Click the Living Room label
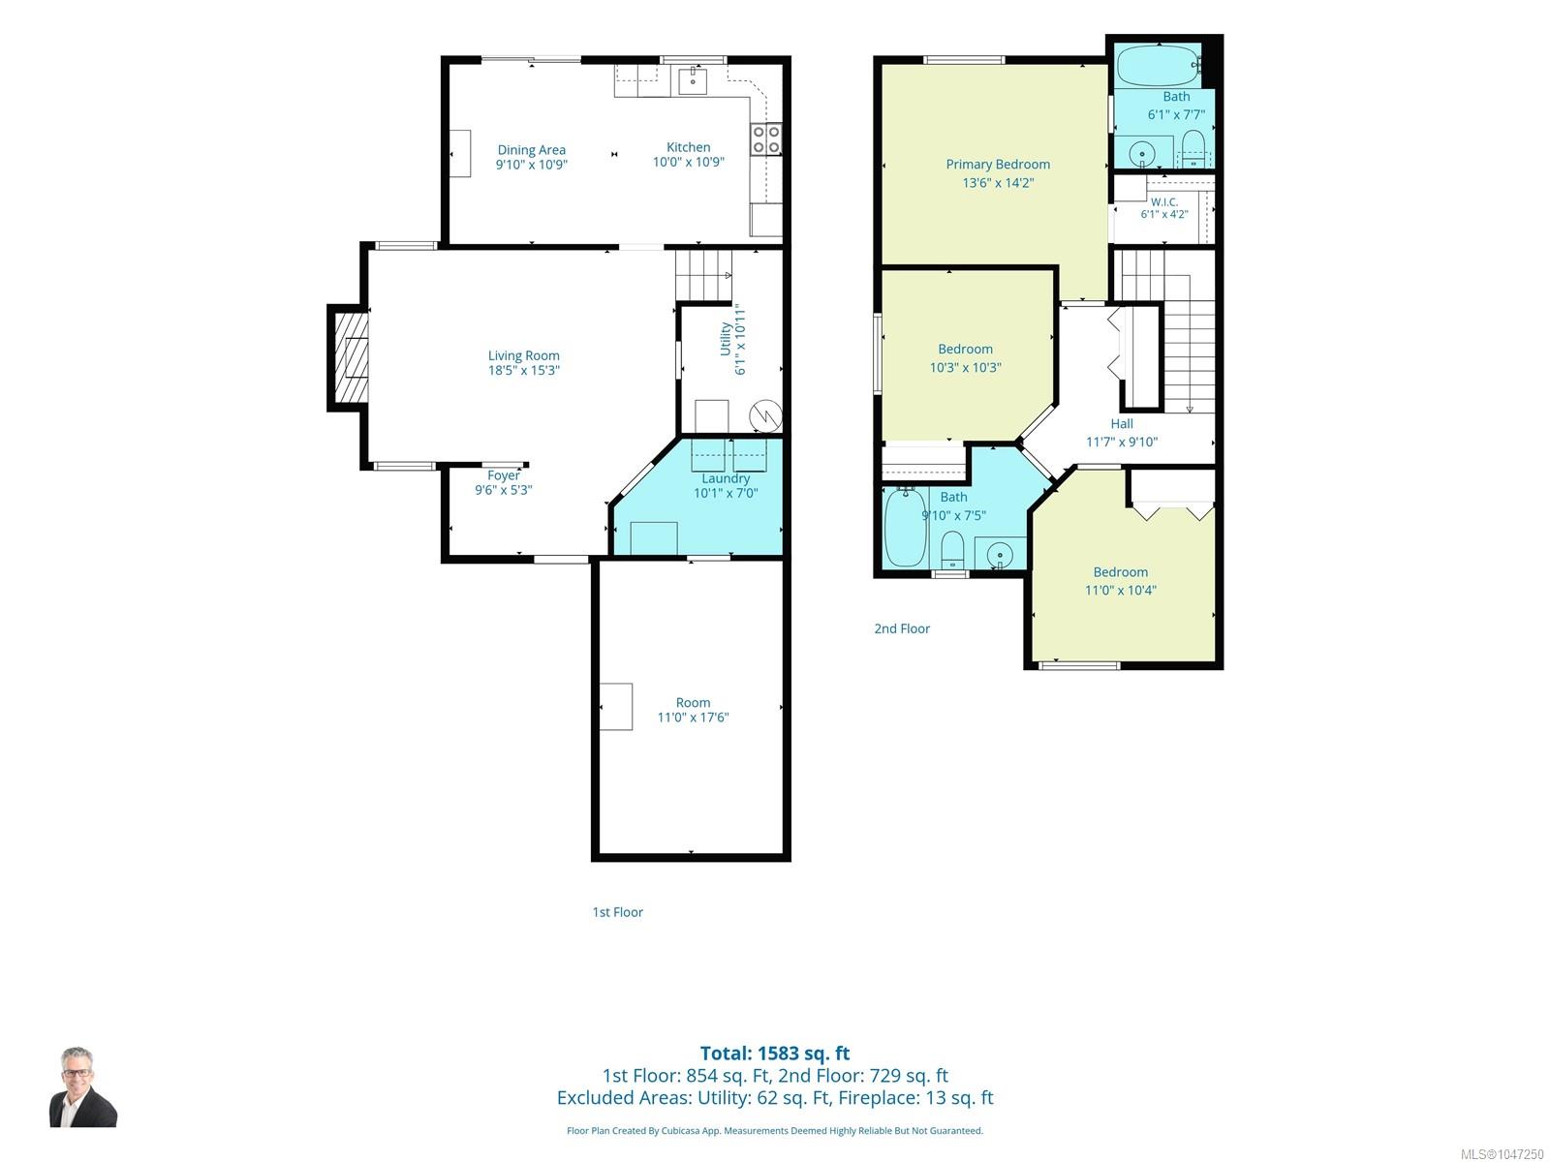523,355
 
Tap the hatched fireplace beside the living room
351,357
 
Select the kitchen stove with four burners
766,138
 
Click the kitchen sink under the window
693,80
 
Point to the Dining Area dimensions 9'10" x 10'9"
531,165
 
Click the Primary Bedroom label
998,165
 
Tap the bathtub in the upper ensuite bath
1158,66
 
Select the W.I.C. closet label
1163,201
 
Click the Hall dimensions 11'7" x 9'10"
1122,442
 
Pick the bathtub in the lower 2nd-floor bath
906,527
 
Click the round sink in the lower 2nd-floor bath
1000,555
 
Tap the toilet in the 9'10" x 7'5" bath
952,550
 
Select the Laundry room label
726,478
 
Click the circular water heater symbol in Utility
765,415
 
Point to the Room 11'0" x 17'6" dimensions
693,718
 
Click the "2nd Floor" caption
902,628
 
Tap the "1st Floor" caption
617,912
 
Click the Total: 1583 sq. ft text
775,1054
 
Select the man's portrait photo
82,1087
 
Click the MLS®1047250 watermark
1502,1154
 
